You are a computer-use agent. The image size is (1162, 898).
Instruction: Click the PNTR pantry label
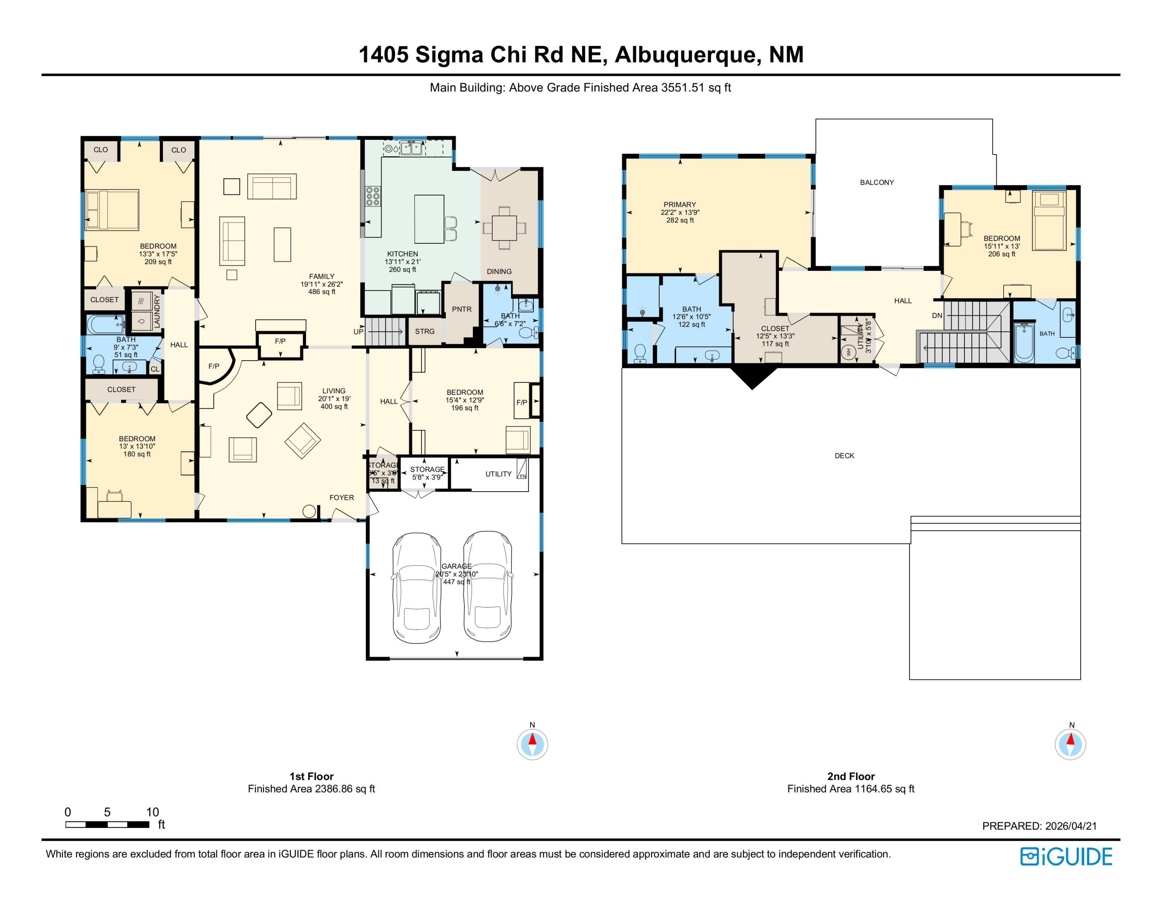[461, 309]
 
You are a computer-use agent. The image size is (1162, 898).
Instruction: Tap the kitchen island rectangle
[429, 218]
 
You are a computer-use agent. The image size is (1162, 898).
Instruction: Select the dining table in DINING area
[504, 228]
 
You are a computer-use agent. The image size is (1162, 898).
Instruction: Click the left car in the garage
[417, 588]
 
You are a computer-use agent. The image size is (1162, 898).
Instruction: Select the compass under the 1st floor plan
[532, 744]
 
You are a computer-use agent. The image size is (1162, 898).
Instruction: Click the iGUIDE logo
[1066, 857]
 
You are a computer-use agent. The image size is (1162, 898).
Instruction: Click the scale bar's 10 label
[152, 812]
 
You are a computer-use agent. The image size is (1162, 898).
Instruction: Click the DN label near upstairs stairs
[937, 315]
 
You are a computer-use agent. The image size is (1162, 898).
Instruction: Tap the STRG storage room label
[425, 332]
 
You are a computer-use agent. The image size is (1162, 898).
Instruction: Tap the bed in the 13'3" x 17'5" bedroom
[112, 210]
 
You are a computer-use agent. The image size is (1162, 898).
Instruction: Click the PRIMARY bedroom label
[679, 204]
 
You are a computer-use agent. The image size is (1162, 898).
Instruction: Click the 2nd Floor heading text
[851, 776]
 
